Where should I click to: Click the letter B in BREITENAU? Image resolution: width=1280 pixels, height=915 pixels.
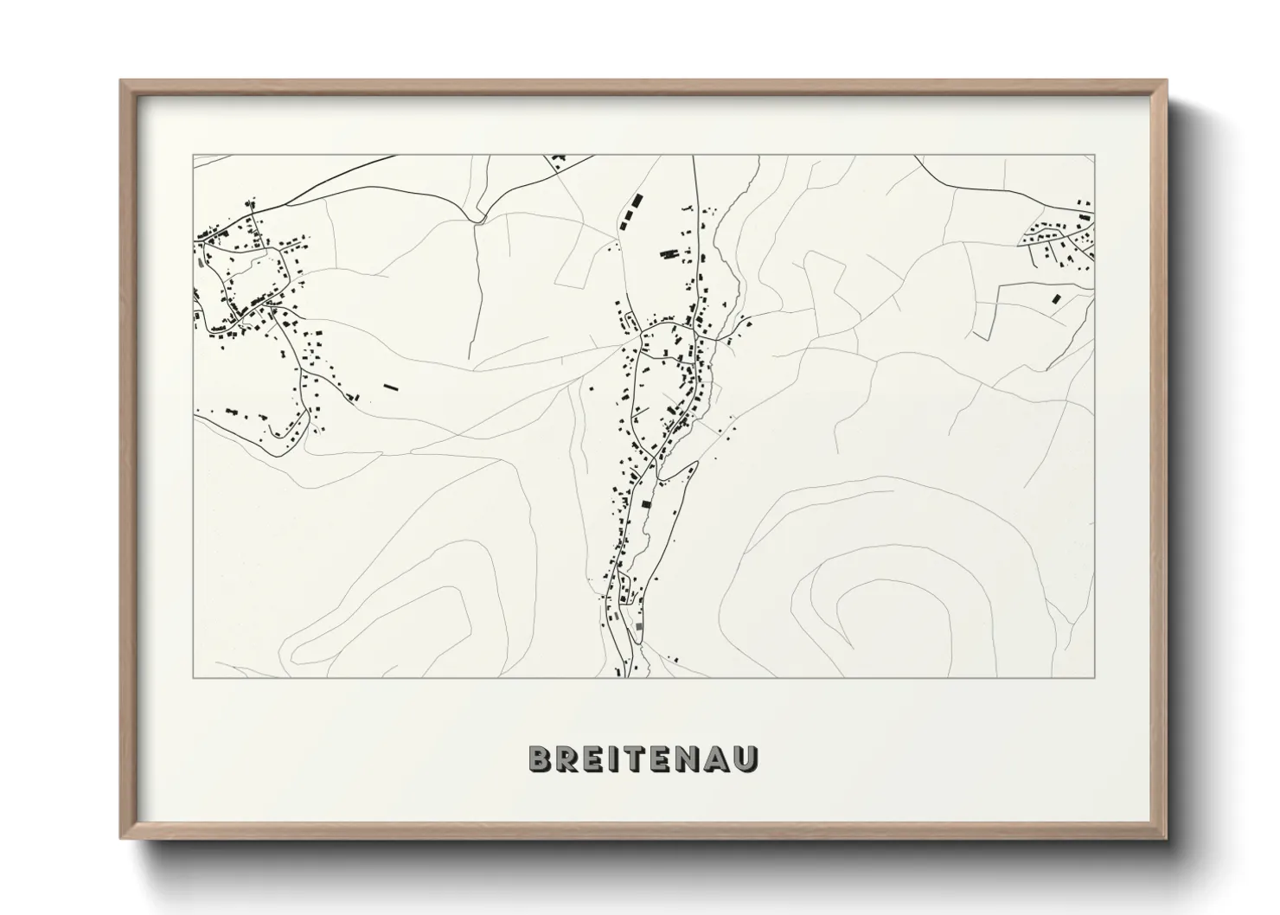coord(540,758)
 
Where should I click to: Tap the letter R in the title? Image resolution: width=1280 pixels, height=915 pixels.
coord(567,758)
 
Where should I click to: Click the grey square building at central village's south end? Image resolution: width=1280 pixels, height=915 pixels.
coord(639,626)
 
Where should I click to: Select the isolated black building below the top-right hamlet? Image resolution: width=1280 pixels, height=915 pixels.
coord(1054,298)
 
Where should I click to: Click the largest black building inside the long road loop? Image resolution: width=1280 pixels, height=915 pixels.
coord(645,503)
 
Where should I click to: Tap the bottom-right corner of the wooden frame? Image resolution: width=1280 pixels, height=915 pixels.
coord(1166,837)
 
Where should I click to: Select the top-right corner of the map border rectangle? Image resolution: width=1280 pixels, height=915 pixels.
coord(1094,155)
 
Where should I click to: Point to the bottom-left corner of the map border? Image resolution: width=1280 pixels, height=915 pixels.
coord(193,678)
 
